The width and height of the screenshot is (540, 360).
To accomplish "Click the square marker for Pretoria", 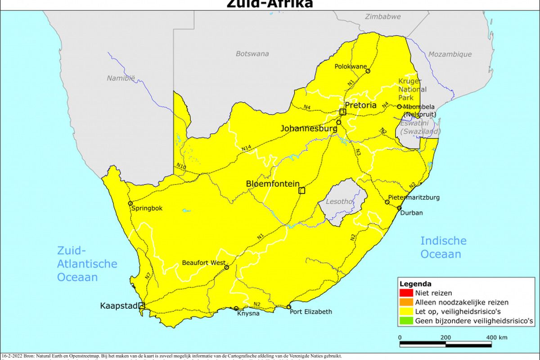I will click(x=342, y=112).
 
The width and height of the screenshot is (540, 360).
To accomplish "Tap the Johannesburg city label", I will click(x=309, y=128).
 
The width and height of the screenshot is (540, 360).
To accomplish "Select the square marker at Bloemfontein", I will click(x=301, y=190).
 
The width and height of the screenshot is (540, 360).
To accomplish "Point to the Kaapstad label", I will click(x=118, y=306).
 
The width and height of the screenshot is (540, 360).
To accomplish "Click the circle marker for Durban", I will click(x=399, y=208).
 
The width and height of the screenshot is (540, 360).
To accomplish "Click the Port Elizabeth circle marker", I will click(x=289, y=307).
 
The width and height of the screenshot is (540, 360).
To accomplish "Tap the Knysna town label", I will click(x=248, y=313).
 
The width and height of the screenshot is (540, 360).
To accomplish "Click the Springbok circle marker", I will click(x=130, y=203).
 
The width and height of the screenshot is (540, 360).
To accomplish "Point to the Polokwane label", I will click(x=351, y=66).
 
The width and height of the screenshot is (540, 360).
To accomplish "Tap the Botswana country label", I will click(x=252, y=54).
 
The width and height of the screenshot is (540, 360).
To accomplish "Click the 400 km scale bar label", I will click(x=496, y=337).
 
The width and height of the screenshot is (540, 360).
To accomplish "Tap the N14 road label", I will click(x=246, y=148).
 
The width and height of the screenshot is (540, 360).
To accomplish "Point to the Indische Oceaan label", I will click(x=443, y=247).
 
